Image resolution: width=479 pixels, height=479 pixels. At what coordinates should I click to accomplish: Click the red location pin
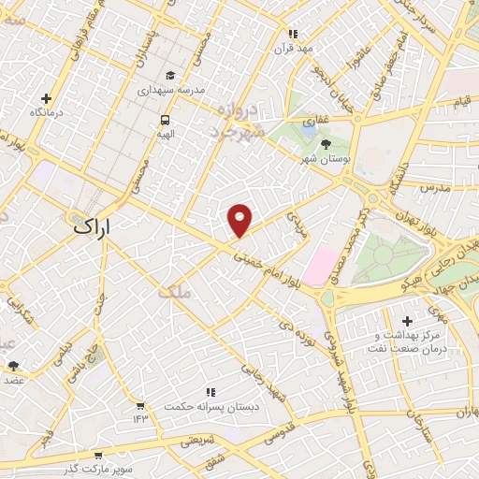click(x=240, y=219)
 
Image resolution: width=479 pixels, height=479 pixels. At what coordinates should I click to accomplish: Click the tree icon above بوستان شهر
click(x=325, y=143)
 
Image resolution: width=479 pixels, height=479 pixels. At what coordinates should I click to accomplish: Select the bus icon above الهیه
click(x=166, y=119)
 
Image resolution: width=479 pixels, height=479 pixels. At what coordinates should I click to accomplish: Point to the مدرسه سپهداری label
click(x=171, y=91)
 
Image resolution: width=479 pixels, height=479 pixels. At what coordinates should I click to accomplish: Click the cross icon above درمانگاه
click(x=46, y=98)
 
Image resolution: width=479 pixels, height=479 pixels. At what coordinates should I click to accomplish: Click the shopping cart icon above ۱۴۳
click(x=139, y=407)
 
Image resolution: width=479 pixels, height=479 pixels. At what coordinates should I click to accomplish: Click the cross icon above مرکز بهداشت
click(x=407, y=321)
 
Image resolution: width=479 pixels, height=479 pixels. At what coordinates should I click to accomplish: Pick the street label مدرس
click(x=436, y=187)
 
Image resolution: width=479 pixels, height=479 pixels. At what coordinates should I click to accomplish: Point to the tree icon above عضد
click(x=13, y=366)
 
